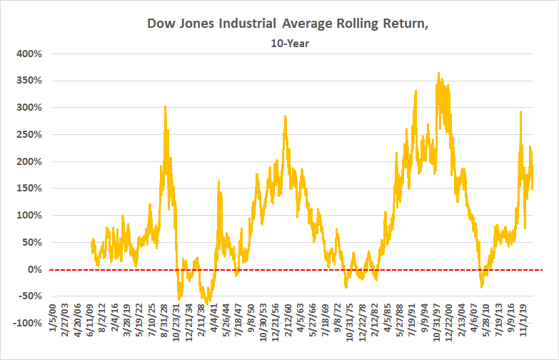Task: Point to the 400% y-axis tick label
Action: coord(31,54)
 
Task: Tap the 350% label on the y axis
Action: coord(31,81)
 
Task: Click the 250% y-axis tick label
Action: coord(31,134)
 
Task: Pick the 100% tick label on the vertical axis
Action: coord(31,215)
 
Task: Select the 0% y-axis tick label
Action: coord(36,269)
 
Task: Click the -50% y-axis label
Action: coord(31,296)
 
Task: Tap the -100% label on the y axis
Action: coord(29,323)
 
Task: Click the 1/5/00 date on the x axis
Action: coord(51,344)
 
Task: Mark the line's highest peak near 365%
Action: coord(438,72)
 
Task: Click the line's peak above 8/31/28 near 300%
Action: coord(166,106)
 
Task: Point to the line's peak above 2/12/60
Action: coord(286,116)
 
